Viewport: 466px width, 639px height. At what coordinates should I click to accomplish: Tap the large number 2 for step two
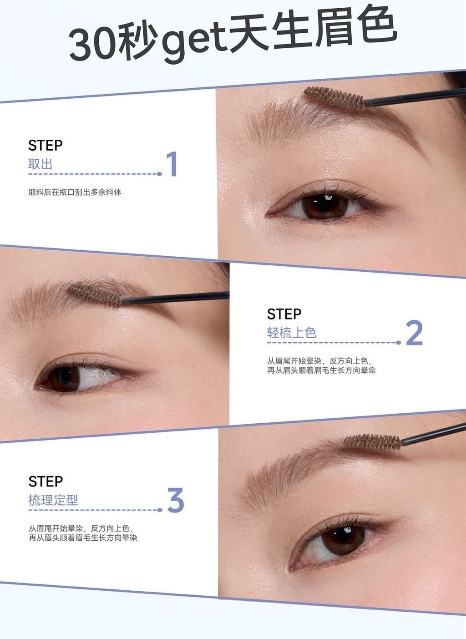(x=414, y=333)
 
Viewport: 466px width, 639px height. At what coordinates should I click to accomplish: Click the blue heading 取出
(x=40, y=164)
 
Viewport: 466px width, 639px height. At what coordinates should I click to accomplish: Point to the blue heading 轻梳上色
(x=292, y=333)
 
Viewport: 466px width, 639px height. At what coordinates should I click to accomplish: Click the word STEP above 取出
(x=45, y=145)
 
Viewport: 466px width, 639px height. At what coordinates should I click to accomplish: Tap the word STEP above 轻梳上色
(x=284, y=314)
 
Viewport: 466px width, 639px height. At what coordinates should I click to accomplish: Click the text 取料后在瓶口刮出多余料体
(x=75, y=192)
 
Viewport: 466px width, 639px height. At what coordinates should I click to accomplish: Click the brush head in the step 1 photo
(x=334, y=97)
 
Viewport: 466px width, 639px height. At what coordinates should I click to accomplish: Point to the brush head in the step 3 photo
(x=372, y=441)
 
